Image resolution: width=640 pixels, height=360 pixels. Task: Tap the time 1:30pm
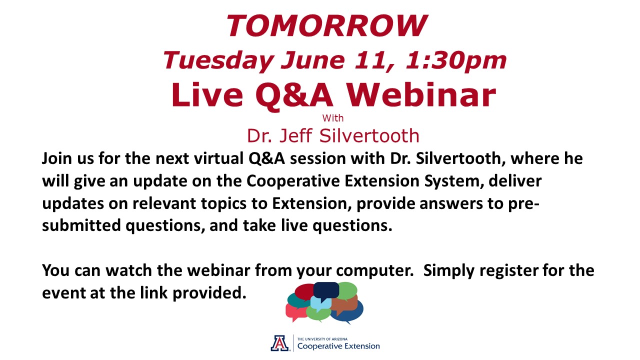point(456,61)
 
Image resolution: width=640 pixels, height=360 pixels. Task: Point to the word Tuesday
point(218,61)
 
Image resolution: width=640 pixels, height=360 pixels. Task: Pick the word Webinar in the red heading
point(421,95)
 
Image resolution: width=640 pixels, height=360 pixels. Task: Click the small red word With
point(333,118)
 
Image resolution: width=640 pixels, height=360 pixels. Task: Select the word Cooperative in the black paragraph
point(293,181)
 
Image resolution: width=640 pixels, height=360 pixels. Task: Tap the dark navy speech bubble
point(326,291)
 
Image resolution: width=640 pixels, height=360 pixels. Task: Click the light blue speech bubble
point(321,304)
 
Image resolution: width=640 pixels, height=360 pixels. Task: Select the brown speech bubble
point(345,304)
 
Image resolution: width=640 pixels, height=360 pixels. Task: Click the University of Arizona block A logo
point(279,343)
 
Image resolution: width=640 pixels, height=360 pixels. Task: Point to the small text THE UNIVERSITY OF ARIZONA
point(322,339)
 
